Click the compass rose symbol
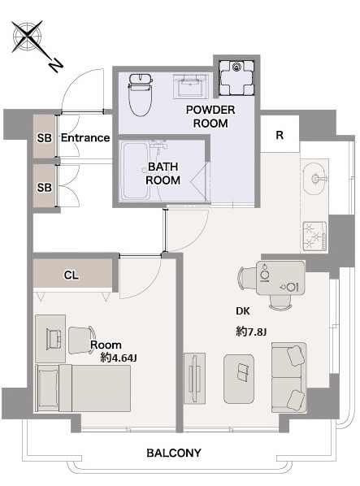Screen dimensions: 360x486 click(x=28, y=37)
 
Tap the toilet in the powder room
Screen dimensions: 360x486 click(x=141, y=94)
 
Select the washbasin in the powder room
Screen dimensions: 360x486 click(x=190, y=86)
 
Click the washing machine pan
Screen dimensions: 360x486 click(x=236, y=77)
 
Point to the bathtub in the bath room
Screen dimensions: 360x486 click(x=136, y=171)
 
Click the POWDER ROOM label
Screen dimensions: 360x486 click(x=210, y=116)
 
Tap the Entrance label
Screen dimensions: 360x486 click(x=85, y=137)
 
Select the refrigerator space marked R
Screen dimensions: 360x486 click(x=280, y=134)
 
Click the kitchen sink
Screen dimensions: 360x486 click(x=314, y=179)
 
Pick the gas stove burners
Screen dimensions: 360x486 click(x=314, y=236)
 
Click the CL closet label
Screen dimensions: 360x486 click(x=72, y=275)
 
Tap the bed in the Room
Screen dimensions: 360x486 click(x=83, y=388)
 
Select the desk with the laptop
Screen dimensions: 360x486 click(x=50, y=338)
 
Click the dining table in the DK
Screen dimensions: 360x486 click(x=280, y=278)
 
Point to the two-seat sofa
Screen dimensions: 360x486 click(x=289, y=377)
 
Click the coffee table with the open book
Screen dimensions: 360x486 click(x=239, y=379)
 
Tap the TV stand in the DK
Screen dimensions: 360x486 click(x=194, y=378)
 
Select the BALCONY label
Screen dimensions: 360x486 click(x=174, y=453)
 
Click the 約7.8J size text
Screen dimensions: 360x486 click(x=251, y=332)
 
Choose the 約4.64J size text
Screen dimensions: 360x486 click(x=119, y=358)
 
